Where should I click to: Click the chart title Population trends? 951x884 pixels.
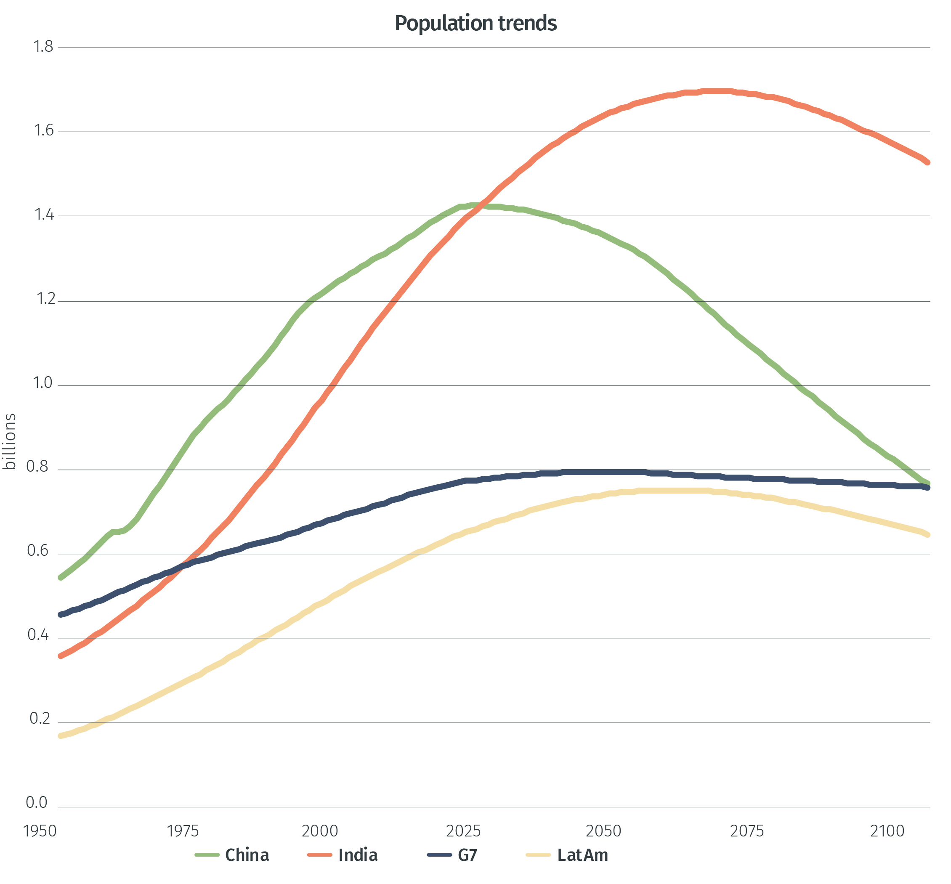pos(475,23)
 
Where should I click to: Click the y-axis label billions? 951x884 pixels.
pos(10,441)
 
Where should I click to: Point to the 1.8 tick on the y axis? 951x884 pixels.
pos(43,47)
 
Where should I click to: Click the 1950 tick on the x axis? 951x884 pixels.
pos(40,831)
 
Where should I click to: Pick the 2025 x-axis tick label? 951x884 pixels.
pos(463,831)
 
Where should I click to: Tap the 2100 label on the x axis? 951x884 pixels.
pos(887,831)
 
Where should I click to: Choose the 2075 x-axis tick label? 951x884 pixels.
pos(747,831)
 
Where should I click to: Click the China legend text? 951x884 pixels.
pos(247,855)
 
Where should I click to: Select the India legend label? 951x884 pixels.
pos(358,855)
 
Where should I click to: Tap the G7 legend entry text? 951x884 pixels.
pos(468,855)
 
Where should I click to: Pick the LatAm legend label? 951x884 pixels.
pos(582,855)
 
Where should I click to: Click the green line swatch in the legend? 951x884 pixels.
pos(207,855)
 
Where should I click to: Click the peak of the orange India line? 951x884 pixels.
pos(717,91)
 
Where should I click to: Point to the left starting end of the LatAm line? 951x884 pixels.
pos(61,736)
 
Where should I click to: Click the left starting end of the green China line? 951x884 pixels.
pos(61,578)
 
